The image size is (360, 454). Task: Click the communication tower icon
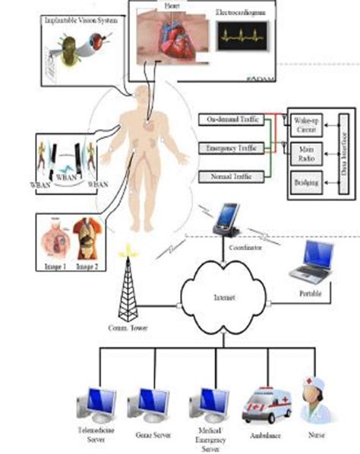click(x=128, y=288)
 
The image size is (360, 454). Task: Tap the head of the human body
click(x=144, y=96)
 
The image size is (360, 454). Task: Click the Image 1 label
click(x=56, y=267)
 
